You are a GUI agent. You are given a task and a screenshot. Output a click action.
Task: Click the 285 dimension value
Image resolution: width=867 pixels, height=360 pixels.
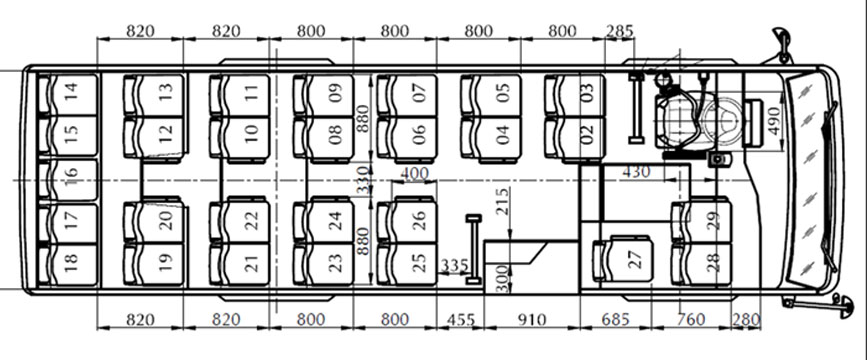(x=620, y=30)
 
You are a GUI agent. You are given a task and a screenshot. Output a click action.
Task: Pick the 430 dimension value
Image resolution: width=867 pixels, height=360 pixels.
(x=636, y=172)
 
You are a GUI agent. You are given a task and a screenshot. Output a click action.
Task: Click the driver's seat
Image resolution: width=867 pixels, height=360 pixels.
(x=678, y=111)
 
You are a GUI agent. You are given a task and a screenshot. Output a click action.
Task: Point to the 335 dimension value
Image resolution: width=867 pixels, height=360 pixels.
(x=455, y=264)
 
